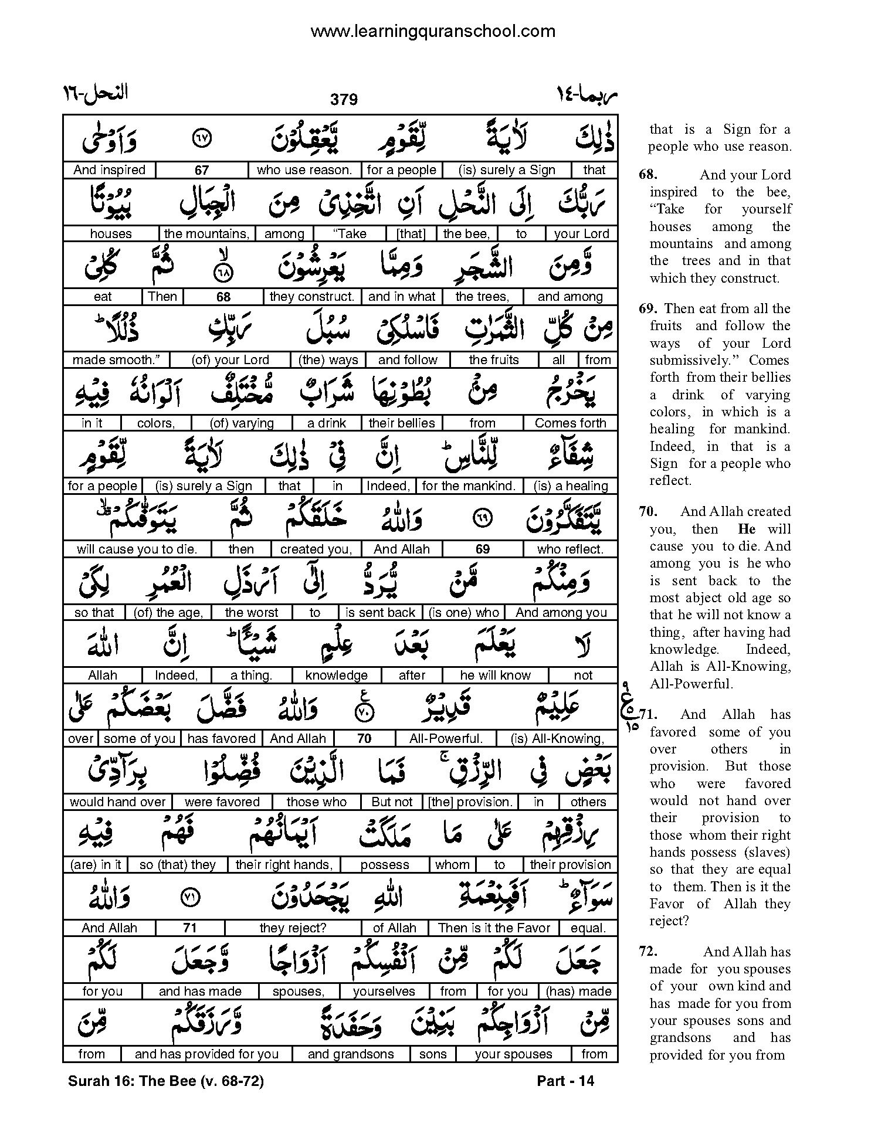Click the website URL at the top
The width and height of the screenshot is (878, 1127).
[x=432, y=31]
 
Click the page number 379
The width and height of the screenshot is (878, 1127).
[x=344, y=100]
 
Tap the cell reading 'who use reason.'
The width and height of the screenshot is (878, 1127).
[x=304, y=170]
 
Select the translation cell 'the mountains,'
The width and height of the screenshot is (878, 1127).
[x=206, y=233]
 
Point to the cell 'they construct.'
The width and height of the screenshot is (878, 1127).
[x=312, y=297]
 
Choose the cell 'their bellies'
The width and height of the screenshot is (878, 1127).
[x=402, y=423]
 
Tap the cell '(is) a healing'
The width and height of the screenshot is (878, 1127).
[x=570, y=486]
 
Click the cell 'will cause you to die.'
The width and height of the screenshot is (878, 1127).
[x=137, y=549]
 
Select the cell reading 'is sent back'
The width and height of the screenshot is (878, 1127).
[x=380, y=613]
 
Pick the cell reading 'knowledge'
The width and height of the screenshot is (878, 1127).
[x=336, y=675]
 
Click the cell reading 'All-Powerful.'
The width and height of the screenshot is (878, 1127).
[x=446, y=739]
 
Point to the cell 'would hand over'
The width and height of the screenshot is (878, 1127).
[x=118, y=802]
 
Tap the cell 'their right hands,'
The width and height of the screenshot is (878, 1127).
[x=284, y=865]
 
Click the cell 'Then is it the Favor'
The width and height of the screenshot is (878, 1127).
[x=494, y=928]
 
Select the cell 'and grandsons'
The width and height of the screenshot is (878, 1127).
[x=351, y=1054]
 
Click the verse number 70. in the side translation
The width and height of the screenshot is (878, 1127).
[x=648, y=511]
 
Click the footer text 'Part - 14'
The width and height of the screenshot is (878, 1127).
[x=565, y=1081]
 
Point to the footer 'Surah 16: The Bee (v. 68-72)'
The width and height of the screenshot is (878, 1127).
[x=166, y=1081]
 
